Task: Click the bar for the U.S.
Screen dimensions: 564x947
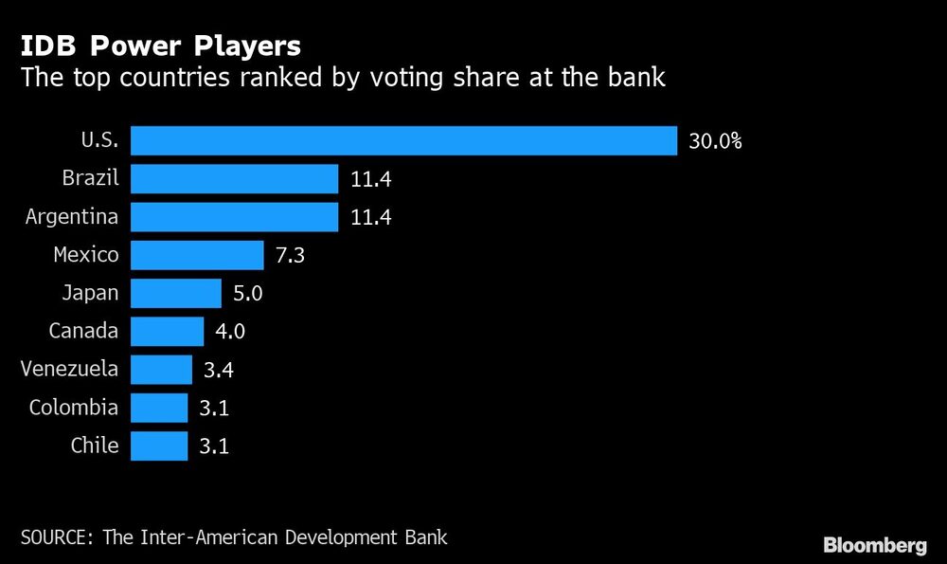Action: [x=403, y=140]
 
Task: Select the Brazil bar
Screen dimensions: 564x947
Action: [x=234, y=178]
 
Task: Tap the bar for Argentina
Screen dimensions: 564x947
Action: [x=234, y=216]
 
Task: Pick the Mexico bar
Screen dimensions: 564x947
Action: [x=197, y=255]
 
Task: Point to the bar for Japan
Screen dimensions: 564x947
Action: [x=175, y=293]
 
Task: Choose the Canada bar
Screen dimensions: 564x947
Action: [x=167, y=331]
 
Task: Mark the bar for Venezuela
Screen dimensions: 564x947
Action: [x=161, y=369]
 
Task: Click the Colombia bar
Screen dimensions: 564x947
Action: [x=159, y=408]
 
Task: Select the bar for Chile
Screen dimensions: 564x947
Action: [x=159, y=446]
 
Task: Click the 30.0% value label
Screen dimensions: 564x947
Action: [x=715, y=141]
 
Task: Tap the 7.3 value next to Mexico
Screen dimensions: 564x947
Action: [x=289, y=255]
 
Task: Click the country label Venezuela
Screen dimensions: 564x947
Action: [x=71, y=369]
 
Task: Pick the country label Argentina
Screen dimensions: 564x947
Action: [x=72, y=217]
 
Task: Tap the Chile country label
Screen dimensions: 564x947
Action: [x=95, y=446]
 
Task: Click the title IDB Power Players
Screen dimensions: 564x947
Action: [x=162, y=45]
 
